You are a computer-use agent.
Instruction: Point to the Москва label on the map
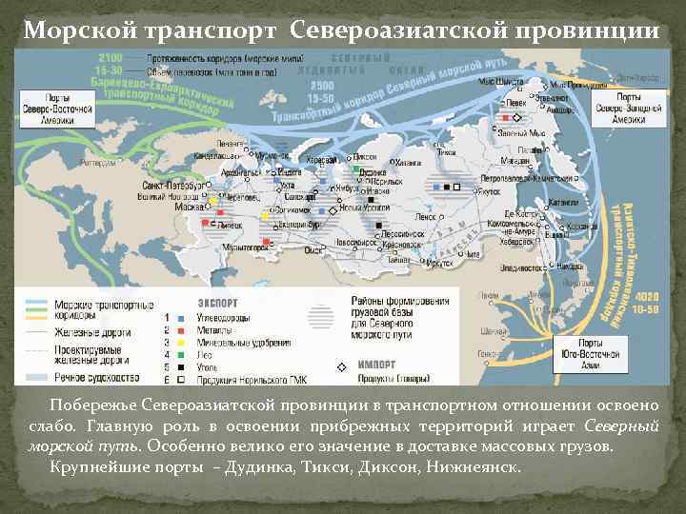[x=190, y=207]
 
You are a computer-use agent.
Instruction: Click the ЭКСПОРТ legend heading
[x=215, y=304]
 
